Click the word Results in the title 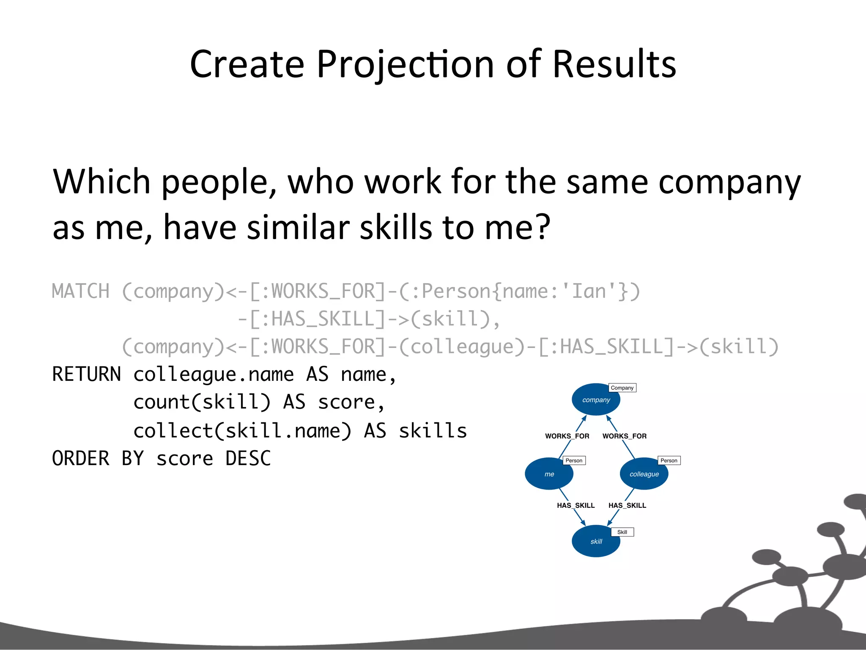click(x=614, y=64)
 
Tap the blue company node click(x=596, y=399)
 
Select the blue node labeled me click(x=549, y=474)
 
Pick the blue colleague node click(x=644, y=474)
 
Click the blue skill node click(x=596, y=541)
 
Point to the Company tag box click(x=622, y=388)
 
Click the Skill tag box click(x=622, y=532)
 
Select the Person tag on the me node click(x=574, y=460)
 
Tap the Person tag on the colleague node click(x=669, y=460)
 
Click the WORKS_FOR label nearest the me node click(x=567, y=436)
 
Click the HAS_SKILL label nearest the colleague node click(x=627, y=505)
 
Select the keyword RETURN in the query click(x=86, y=375)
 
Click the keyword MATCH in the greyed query click(x=80, y=292)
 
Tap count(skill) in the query click(x=202, y=402)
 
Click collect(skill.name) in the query click(x=242, y=431)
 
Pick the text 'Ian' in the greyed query click(x=589, y=292)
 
